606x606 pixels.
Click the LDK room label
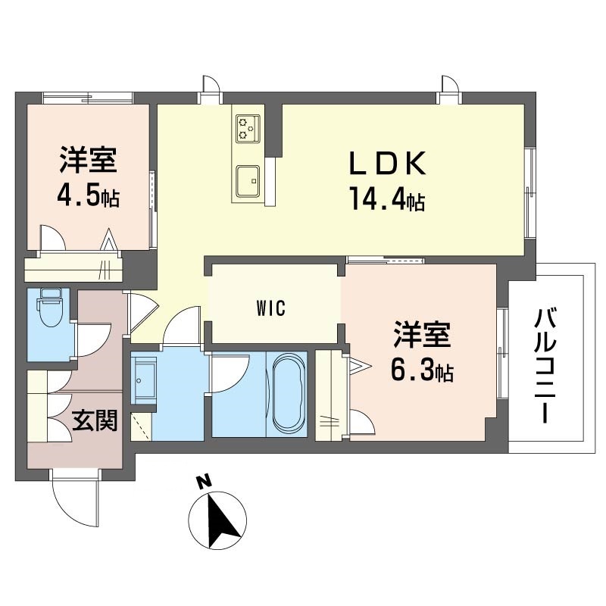(387, 163)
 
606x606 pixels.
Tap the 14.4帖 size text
(387, 198)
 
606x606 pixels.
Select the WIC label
(271, 308)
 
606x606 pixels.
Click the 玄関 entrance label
(95, 420)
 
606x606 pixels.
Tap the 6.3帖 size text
(422, 370)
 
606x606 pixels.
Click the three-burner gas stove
(248, 129)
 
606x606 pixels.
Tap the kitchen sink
(248, 181)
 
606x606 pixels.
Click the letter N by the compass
(204, 481)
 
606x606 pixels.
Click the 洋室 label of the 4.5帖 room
(88, 160)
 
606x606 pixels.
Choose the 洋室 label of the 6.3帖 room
(422, 335)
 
